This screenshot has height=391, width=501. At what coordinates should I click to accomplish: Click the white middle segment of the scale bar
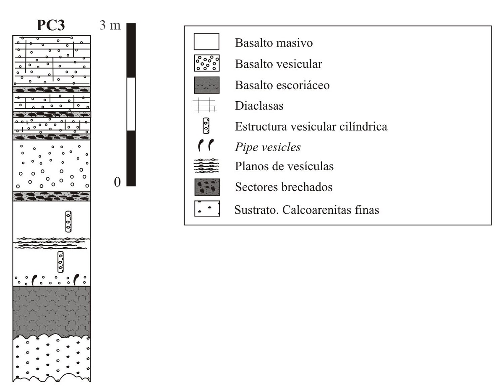click(x=131, y=104)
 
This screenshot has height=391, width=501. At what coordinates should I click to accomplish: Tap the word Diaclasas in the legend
click(x=260, y=105)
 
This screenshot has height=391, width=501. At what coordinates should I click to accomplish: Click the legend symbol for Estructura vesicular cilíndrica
click(x=206, y=125)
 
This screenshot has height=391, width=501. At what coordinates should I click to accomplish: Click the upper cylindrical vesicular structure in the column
click(x=68, y=221)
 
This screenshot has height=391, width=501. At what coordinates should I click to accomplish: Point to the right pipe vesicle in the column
click(x=76, y=279)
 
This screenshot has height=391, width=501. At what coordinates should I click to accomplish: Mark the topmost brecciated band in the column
click(x=51, y=89)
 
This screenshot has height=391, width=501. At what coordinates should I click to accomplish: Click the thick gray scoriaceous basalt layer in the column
click(x=51, y=311)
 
